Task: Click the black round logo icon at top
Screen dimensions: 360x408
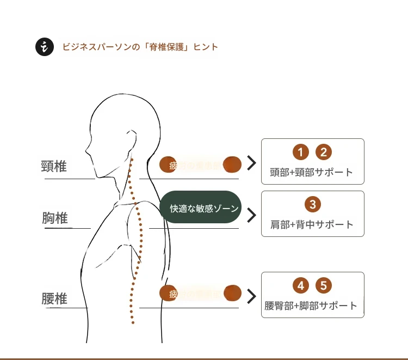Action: (45, 47)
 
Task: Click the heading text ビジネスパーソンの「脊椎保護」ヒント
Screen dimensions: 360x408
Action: (140, 47)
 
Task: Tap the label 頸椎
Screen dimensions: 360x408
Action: (54, 166)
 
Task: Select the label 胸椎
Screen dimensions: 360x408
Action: (55, 218)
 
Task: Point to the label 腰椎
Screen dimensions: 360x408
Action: (54, 298)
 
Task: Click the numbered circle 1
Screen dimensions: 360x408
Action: (300, 152)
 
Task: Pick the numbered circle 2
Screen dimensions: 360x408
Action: (323, 152)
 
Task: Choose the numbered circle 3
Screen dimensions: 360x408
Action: (312, 204)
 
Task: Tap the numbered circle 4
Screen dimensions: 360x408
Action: (300, 285)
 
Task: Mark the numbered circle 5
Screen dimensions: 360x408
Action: (323, 285)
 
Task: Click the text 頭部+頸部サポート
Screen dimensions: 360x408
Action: (312, 172)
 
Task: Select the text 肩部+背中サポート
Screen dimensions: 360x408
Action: (312, 224)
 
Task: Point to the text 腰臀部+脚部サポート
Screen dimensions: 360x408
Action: (311, 305)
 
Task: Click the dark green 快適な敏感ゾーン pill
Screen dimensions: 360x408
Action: (201, 208)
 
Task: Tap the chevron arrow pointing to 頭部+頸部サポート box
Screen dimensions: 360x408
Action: (251, 163)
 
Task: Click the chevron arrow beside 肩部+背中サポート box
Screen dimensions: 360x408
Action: (251, 215)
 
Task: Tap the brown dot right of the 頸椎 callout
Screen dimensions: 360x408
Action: (232, 163)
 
